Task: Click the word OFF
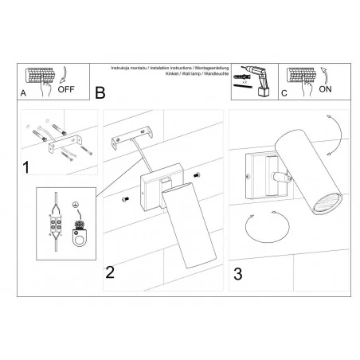[x=67, y=89]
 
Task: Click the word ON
[x=327, y=89]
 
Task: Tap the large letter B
[x=100, y=93]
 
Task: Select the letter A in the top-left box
[x=24, y=94]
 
